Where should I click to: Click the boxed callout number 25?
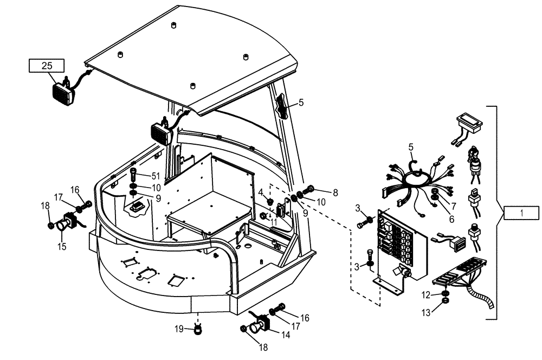47,66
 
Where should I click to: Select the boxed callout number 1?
521,213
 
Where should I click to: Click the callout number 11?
274,222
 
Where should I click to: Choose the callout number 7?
453,207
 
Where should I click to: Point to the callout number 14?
285,335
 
